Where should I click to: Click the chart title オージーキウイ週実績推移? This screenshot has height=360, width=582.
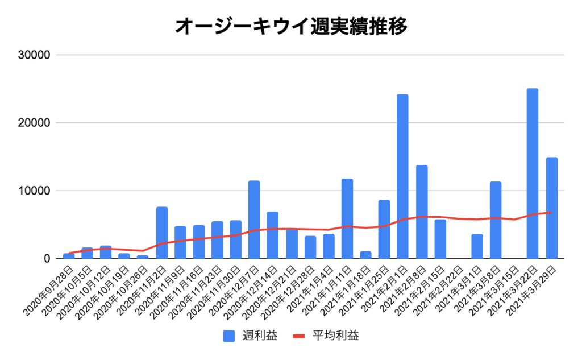pos(290,26)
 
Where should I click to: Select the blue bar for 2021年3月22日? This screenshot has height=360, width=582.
pos(533,173)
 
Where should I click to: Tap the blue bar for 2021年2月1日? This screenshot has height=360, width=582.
pos(402,176)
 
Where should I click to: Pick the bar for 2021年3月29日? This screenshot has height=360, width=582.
pos(551,208)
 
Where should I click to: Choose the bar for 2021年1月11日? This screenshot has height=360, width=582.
pos(347,219)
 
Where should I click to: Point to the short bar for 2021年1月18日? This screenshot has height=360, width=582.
pos(365,255)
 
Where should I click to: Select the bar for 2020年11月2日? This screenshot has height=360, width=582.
pos(161,233)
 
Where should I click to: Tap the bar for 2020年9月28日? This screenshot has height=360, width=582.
pos(69,256)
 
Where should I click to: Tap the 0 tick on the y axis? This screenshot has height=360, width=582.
pos(47,259)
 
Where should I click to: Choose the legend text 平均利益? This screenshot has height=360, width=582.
pos(336,336)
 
